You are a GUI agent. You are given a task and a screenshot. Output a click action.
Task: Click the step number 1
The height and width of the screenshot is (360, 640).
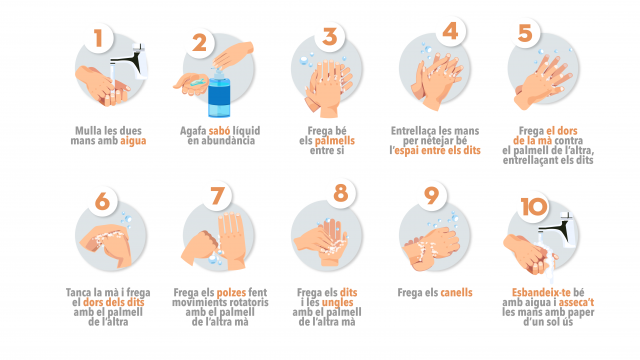pos(98,38)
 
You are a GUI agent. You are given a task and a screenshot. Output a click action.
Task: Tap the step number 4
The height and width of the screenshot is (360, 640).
pos(450,31)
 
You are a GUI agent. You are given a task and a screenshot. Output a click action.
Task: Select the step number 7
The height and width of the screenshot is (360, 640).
pos(218,196)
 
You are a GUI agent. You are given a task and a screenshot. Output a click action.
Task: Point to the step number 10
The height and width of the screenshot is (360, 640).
pos(533,207)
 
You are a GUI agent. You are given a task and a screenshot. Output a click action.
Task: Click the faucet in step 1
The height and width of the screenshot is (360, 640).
pos(131,61)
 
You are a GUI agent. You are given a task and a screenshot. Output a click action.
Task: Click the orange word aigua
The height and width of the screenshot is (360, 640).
pos(133,141)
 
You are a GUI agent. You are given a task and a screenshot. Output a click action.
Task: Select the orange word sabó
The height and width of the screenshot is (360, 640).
pos(220,131)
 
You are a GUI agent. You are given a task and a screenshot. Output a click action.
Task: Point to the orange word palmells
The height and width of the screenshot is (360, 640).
pos(335,141)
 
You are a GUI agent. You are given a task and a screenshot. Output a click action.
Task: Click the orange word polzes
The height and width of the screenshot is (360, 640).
pos(231,293)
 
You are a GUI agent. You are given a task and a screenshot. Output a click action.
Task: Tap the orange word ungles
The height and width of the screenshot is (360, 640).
pos(338,302)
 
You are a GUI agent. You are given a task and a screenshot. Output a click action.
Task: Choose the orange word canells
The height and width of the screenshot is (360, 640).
pos(456,293)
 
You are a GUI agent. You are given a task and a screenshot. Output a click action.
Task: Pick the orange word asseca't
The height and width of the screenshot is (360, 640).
pos(576,302)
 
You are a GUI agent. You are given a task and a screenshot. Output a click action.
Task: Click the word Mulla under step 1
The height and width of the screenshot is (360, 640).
pos(88,131)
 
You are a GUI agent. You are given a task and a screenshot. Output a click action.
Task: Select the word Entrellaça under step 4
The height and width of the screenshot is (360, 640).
pos(412,131)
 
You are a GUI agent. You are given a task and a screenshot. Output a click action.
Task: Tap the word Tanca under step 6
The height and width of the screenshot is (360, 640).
pos(79,293)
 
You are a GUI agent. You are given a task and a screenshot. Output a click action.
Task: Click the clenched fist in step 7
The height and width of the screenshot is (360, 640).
pos(199,247)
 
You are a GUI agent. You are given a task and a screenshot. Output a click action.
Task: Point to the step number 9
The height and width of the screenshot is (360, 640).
pos(431,196)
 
